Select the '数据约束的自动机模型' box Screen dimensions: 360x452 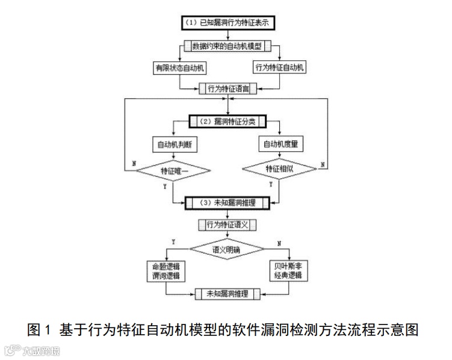pyautogui.click(x=228, y=46)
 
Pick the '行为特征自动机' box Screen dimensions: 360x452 pyautogui.click(x=280, y=67)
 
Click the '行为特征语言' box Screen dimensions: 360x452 pyautogui.click(x=228, y=88)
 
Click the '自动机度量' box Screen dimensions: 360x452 pyautogui.click(x=280, y=144)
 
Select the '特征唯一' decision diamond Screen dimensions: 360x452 pyautogui.click(x=174, y=171)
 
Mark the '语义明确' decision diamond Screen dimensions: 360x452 pyautogui.click(x=227, y=248)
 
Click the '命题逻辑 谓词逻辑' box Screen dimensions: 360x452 pyautogui.click(x=165, y=271)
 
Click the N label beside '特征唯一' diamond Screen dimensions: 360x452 pyautogui.click(x=133, y=163)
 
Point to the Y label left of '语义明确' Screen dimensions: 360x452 pyautogui.click(x=173, y=241)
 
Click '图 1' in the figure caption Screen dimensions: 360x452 pyautogui.click(x=40, y=330)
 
